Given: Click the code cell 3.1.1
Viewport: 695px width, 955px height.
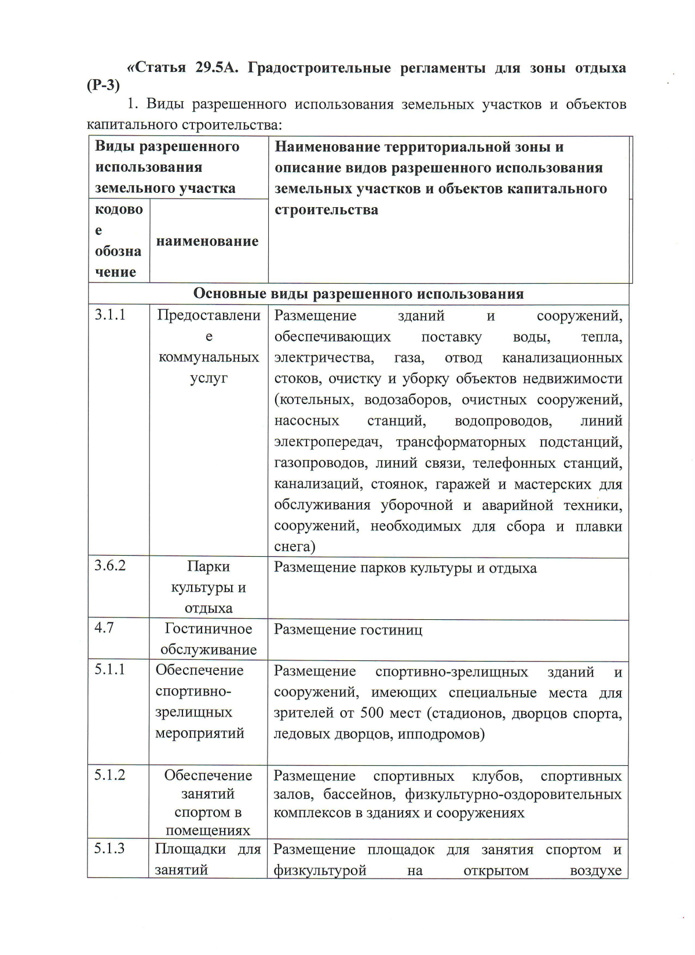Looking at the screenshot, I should (x=110, y=315).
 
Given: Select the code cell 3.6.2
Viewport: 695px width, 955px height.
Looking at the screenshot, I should (x=110, y=565).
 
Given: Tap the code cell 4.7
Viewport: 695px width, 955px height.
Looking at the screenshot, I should (x=104, y=627).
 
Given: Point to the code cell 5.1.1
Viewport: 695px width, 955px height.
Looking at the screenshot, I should (x=110, y=670).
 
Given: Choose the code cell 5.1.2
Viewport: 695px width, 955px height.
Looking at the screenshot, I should (x=110, y=774).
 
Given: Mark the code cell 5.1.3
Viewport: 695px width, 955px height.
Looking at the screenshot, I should (x=110, y=849).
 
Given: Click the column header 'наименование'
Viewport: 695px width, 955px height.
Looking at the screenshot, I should (x=207, y=241).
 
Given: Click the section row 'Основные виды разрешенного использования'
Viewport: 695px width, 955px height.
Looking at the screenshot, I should (x=358, y=293).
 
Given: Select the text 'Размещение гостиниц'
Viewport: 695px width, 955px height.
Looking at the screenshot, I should (x=348, y=629).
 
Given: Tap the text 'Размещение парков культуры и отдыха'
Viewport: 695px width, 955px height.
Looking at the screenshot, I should (x=405, y=568).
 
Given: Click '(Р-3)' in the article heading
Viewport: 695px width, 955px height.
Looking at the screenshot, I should (x=103, y=85).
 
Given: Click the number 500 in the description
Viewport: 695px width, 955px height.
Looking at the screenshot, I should (x=372, y=713).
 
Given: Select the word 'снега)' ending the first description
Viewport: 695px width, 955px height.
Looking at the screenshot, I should (x=294, y=546).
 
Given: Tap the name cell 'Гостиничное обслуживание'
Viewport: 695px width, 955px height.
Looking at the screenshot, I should (x=209, y=639).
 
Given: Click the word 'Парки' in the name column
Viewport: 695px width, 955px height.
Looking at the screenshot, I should (x=209, y=566).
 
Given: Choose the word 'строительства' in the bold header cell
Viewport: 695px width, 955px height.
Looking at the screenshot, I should (x=326, y=210).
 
